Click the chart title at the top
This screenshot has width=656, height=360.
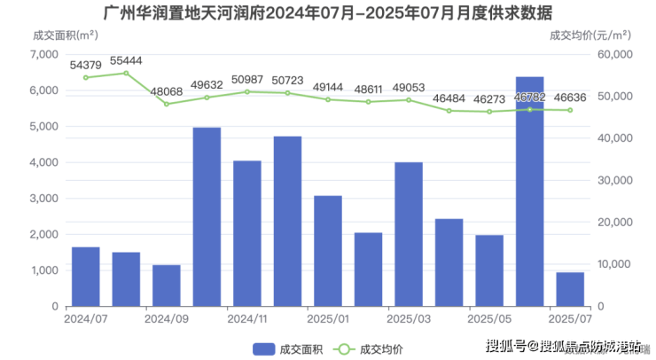coord(327,13)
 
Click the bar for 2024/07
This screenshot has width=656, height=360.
coord(85,276)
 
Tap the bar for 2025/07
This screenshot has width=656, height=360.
coord(570,289)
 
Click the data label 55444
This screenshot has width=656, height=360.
coord(126,61)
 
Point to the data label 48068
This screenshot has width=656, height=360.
coord(167,91)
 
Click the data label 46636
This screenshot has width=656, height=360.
coord(570,98)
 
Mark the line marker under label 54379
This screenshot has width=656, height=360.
coord(86,77)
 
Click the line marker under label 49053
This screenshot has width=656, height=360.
coord(409,99)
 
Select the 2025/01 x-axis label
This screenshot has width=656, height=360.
coord(328,317)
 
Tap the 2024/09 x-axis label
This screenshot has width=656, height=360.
coord(167,317)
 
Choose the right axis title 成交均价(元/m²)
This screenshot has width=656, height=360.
coord(590,35)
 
